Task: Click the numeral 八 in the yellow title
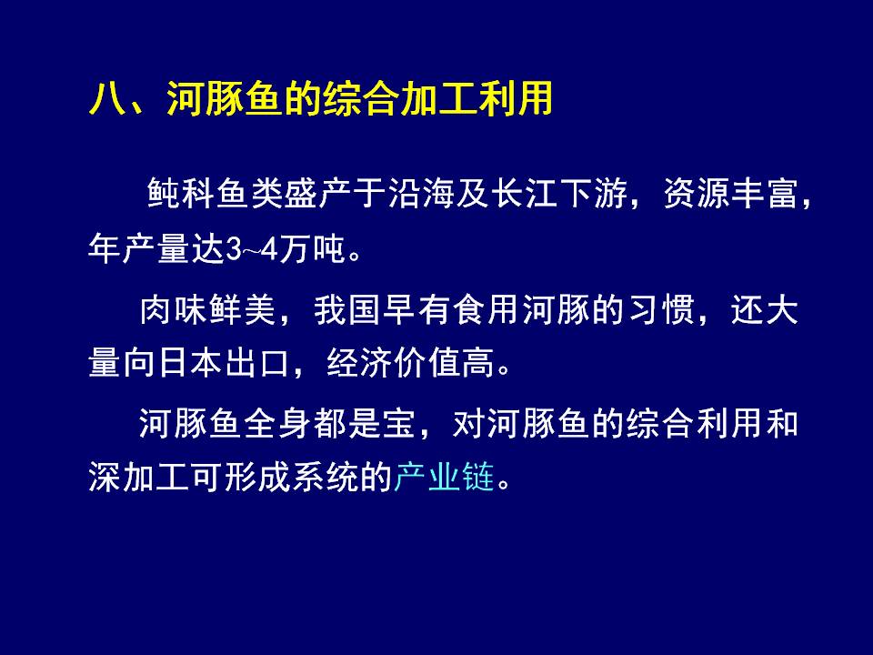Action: (x=106, y=99)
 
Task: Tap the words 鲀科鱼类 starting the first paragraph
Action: (x=215, y=193)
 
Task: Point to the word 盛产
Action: (x=317, y=193)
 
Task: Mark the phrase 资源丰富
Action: (x=730, y=193)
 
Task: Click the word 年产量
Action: (x=140, y=248)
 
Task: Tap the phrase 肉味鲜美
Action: (x=207, y=309)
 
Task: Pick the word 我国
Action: (x=347, y=309)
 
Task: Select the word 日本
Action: (x=174, y=363)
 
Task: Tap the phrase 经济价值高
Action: (x=411, y=363)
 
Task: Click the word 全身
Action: (x=277, y=423)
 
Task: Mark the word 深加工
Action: (x=140, y=478)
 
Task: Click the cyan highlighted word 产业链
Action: (x=444, y=478)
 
